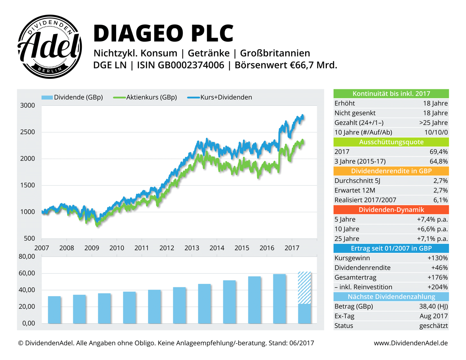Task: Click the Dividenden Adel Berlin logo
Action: click(50, 47)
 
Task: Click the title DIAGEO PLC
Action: click(163, 33)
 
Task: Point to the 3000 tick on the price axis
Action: click(27, 105)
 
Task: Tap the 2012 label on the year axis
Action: click(167, 248)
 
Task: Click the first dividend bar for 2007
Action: click(54, 309)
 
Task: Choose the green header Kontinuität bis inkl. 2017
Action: click(391, 94)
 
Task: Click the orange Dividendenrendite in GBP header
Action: click(391, 171)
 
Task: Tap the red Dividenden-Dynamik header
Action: click(391, 210)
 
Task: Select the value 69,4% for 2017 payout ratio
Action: click(438, 152)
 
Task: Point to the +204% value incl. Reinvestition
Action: click(438, 287)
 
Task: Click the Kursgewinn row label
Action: click(352, 258)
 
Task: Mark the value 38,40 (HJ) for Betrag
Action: click(433, 306)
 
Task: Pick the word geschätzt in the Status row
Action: click(433, 326)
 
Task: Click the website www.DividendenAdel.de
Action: click(411, 343)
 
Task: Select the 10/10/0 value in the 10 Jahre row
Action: click(436, 132)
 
